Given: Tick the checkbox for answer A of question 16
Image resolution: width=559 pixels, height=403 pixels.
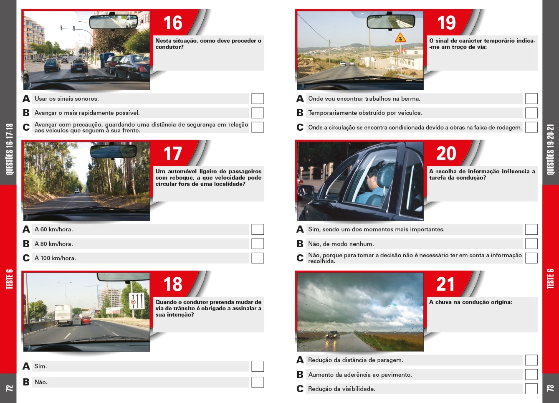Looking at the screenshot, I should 258,99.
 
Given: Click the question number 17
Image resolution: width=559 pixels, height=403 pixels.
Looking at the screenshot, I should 172,154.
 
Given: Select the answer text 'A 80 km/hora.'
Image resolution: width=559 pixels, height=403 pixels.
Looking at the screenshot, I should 53,244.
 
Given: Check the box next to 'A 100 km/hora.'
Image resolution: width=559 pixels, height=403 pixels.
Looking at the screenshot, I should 258,258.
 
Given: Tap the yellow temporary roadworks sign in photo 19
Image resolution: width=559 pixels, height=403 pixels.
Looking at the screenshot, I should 400,38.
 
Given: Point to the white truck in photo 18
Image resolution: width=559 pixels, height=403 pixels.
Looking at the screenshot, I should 63,314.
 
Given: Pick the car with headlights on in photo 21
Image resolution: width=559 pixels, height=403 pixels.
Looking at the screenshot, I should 333,335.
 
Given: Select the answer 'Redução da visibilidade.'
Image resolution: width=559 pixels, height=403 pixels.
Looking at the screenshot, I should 341,389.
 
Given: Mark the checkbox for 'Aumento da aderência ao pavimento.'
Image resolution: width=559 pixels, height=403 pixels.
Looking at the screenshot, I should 531,375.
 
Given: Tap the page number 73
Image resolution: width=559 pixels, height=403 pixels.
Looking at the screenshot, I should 550,388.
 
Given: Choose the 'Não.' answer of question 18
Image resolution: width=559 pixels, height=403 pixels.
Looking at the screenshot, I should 41,382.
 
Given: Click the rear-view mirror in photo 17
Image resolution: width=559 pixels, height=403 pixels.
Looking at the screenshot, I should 113,151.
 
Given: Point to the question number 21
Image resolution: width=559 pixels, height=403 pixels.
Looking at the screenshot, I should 445,284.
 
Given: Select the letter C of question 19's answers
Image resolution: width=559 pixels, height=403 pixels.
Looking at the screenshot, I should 300,127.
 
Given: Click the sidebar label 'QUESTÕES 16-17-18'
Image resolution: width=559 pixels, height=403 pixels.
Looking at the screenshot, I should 9,149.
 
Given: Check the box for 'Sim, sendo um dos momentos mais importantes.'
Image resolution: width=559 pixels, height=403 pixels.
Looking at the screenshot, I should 531,229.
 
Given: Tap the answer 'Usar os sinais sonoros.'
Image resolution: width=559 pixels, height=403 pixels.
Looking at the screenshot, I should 66,99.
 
